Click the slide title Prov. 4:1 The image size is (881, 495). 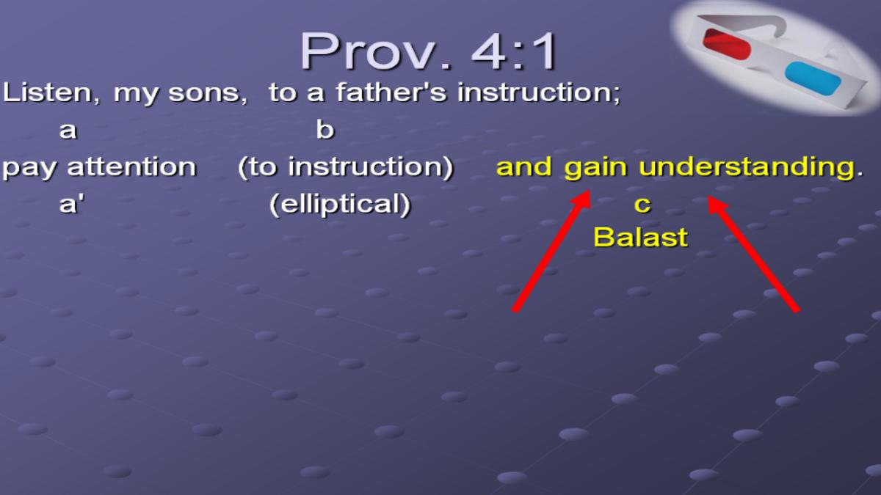pyautogui.click(x=428, y=51)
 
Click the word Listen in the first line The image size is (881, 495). pyautogui.click(x=51, y=94)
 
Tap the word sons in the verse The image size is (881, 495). pyautogui.click(x=208, y=95)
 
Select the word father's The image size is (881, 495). pyautogui.click(x=391, y=92)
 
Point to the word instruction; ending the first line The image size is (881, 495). pyautogui.click(x=539, y=94)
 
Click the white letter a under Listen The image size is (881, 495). pyautogui.click(x=68, y=131)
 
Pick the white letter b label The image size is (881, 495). pyautogui.click(x=325, y=129)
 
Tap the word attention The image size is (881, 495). pyautogui.click(x=131, y=167)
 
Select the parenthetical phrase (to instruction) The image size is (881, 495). pyautogui.click(x=346, y=167)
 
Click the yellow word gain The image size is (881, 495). pyautogui.click(x=595, y=168)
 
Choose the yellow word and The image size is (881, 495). pyautogui.click(x=524, y=167)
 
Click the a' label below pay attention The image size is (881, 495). pyautogui.click(x=71, y=205)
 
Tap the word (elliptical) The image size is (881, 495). pyautogui.click(x=340, y=205)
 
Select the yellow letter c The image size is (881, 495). pyautogui.click(x=642, y=205)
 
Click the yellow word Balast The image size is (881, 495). pyautogui.click(x=641, y=238)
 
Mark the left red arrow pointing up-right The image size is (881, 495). pyautogui.click(x=551, y=251)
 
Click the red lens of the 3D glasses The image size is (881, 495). pyautogui.click(x=726, y=44)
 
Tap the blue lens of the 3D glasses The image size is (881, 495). pyautogui.click(x=813, y=78)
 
